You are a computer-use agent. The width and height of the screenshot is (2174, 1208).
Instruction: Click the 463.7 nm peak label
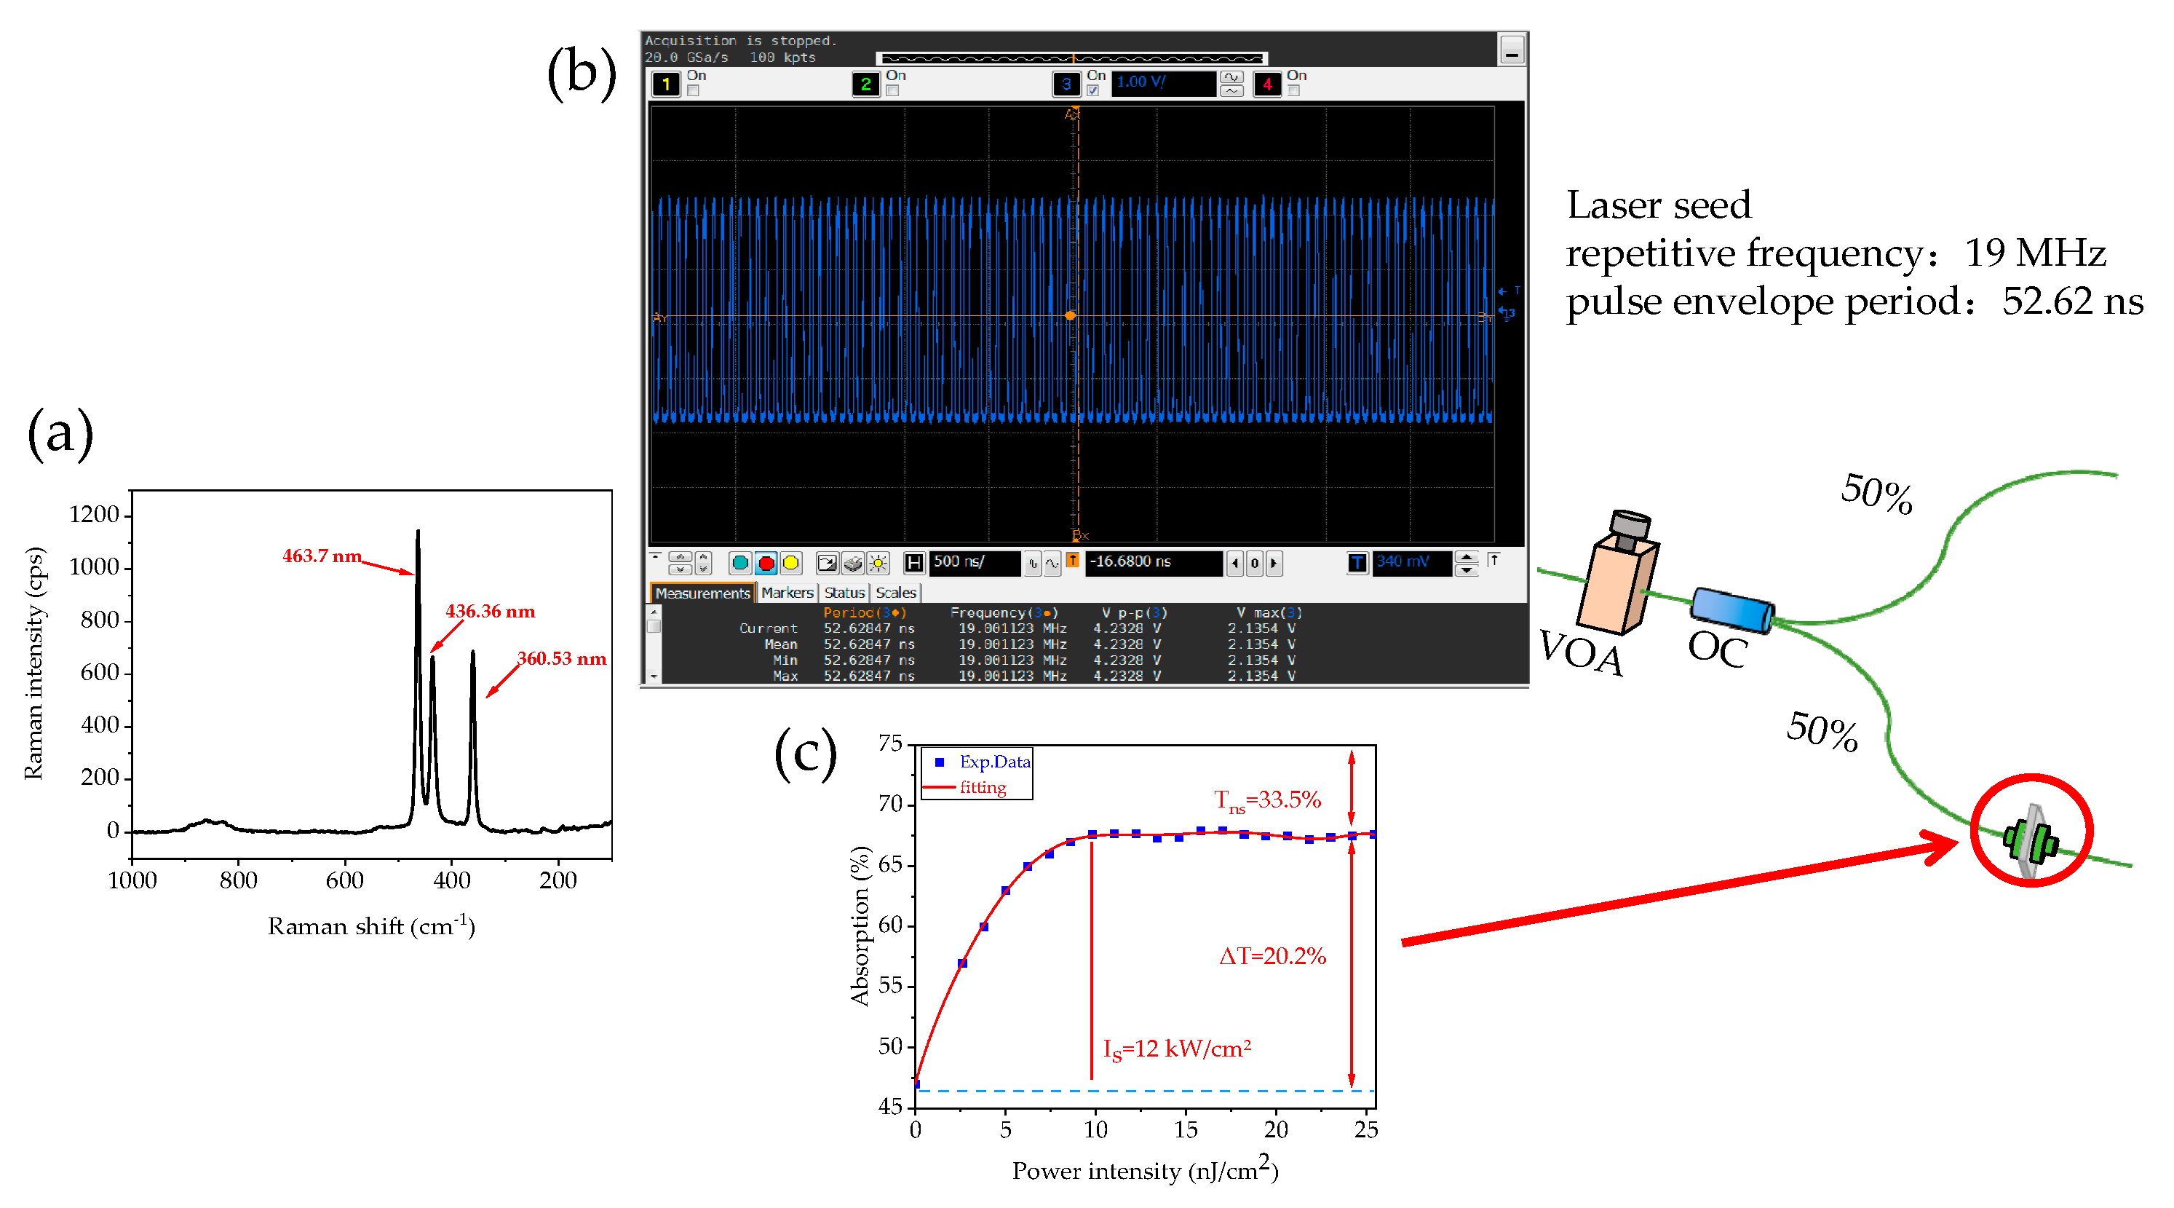click(x=322, y=556)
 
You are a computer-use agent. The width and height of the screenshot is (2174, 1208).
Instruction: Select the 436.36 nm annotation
click(x=490, y=611)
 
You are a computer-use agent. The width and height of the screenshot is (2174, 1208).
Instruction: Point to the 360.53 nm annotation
click(x=561, y=658)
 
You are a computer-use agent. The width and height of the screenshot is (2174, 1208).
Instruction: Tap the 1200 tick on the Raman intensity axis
click(x=95, y=514)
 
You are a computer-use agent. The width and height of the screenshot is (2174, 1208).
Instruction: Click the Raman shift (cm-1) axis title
click(x=371, y=927)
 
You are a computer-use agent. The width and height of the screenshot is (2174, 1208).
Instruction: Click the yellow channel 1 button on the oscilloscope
click(x=666, y=84)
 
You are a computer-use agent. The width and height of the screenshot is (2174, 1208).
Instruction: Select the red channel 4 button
click(x=1266, y=84)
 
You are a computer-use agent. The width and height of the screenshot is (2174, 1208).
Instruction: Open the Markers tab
click(x=787, y=593)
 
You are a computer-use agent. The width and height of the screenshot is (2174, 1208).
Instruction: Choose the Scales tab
click(x=895, y=593)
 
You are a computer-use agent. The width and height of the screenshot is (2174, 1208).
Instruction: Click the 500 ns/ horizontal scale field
click(x=972, y=562)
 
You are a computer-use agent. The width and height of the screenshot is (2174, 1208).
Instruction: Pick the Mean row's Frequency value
click(x=1011, y=644)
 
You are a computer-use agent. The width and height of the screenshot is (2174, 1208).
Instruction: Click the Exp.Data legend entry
click(x=993, y=762)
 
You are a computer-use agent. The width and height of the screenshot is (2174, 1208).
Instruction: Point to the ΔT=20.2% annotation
click(x=1272, y=957)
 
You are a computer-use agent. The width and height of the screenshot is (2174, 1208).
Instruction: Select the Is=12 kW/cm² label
click(x=1176, y=1049)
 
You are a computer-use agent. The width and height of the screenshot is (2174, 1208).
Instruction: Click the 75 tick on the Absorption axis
click(x=890, y=743)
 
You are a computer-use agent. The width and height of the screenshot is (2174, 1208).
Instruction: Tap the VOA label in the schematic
click(x=1581, y=652)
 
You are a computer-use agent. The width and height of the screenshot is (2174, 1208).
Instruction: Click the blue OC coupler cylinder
click(x=1731, y=609)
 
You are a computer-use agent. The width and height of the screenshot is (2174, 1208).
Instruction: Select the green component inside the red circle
click(x=2031, y=841)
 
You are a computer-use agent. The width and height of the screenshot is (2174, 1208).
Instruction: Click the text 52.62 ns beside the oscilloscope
click(x=2072, y=301)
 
